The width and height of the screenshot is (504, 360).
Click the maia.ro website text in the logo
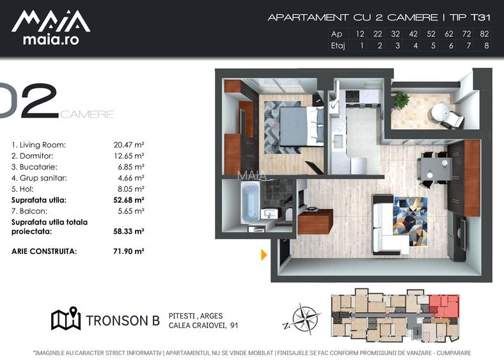pos(51,40)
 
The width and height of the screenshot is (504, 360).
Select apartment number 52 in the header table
pos(431,34)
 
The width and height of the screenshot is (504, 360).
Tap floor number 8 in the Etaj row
pos(486,45)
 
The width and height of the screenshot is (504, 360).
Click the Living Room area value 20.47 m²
pos(129,145)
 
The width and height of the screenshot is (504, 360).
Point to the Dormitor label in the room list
pos(32,156)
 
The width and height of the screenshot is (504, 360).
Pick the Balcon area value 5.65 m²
pos(131,211)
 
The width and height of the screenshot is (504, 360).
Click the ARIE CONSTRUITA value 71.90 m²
pos(129,251)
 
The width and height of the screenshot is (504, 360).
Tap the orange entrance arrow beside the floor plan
pos(264,255)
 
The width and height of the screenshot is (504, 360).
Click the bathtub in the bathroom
pos(250,203)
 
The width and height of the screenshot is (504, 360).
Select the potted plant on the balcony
pos(401,100)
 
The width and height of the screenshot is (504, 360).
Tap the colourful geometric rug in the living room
pos(410,221)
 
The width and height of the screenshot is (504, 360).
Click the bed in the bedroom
pos(301,127)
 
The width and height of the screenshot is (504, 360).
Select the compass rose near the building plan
pos(302,319)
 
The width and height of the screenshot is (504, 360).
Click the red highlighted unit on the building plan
pos(445,306)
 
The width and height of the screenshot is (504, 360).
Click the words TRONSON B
pos(123,320)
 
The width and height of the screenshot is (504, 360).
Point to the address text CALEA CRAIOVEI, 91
pos(203,325)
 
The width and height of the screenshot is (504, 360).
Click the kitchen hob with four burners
pos(352,96)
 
